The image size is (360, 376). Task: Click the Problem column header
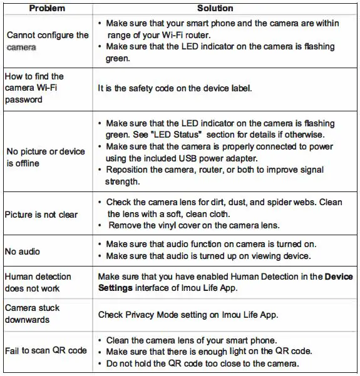click(x=47, y=8)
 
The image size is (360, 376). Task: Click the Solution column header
click(x=215, y=8)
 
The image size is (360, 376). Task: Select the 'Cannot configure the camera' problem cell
click(x=46, y=41)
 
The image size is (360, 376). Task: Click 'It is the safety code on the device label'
click(x=175, y=88)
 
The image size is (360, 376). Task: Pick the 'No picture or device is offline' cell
click(x=45, y=157)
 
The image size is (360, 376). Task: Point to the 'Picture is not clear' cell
click(x=41, y=215)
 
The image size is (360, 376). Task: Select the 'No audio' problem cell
click(x=23, y=252)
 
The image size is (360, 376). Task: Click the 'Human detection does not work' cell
click(x=38, y=282)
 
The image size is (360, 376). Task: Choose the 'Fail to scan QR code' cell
click(x=46, y=350)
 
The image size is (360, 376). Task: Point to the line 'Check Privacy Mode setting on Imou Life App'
click(x=188, y=314)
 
